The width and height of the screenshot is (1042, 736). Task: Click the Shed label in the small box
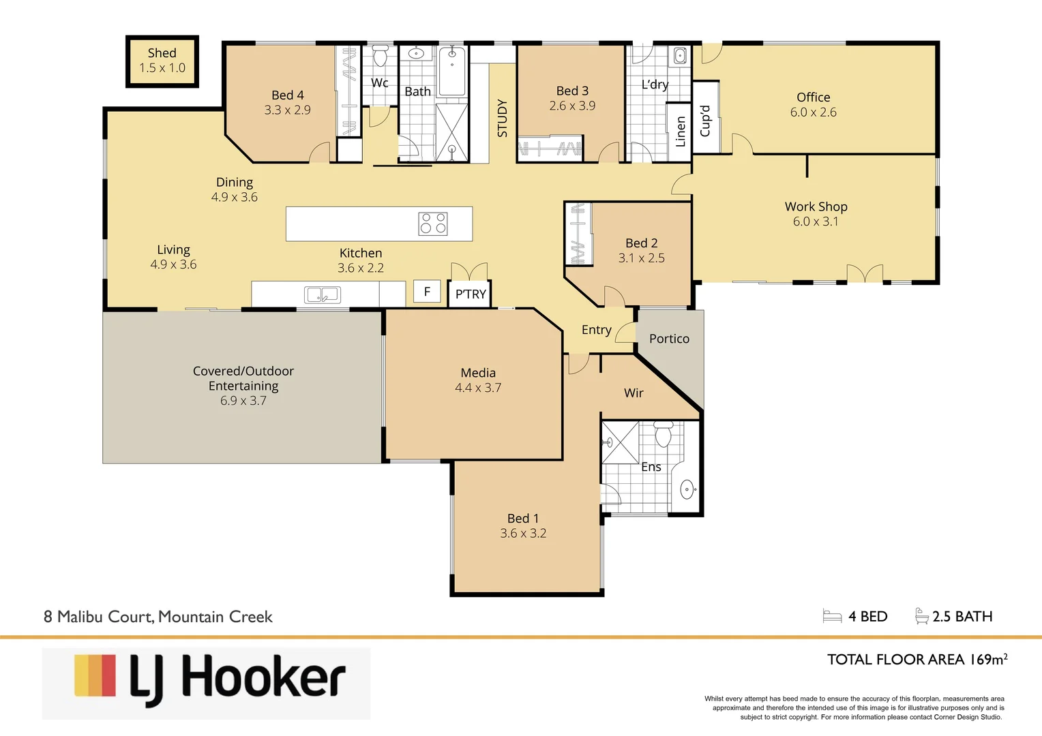162,53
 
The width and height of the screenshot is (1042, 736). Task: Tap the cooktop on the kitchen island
433,224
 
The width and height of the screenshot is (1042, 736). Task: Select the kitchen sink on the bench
322,295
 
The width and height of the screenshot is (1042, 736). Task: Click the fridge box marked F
428,292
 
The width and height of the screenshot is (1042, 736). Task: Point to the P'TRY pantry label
471,294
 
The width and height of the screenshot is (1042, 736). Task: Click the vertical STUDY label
503,118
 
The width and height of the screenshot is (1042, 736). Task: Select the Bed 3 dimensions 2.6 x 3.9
572,106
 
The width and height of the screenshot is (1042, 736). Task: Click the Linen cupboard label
680,132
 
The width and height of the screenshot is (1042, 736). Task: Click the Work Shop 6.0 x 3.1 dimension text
816,221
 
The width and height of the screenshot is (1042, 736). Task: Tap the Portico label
669,339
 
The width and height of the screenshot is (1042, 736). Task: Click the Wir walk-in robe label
634,393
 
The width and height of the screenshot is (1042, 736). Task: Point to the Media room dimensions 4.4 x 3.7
478,388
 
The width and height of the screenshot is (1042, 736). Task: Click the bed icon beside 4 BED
832,617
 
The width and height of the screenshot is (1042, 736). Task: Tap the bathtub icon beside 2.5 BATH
921,616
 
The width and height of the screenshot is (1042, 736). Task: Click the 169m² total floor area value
988,659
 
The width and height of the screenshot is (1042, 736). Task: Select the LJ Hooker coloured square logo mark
95,675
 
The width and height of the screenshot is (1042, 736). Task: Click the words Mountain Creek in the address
215,617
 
